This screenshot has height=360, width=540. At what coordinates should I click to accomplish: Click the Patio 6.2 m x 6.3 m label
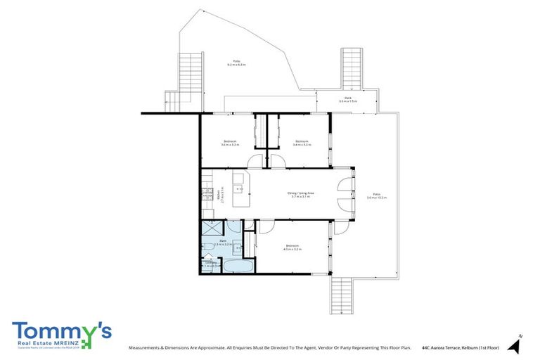pyautogui.click(x=236, y=63)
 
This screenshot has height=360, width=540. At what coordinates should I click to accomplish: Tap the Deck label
pyautogui.click(x=347, y=100)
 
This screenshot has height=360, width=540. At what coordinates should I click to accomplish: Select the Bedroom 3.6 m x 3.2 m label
pyautogui.click(x=231, y=143)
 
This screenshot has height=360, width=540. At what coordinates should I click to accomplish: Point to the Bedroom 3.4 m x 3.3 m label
pyautogui.click(x=302, y=143)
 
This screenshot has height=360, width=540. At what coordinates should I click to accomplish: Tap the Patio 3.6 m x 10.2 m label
pyautogui.click(x=377, y=196)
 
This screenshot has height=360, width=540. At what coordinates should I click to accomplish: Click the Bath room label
pyautogui.click(x=222, y=243)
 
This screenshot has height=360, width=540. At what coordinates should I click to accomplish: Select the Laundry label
pyautogui.click(x=210, y=264)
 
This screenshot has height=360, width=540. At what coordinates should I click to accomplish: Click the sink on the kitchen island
pyautogui.click(x=240, y=189)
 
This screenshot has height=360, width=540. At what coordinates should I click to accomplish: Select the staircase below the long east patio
pyautogui.click(x=341, y=295)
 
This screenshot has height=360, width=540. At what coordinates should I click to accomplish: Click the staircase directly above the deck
pyautogui.click(x=352, y=67)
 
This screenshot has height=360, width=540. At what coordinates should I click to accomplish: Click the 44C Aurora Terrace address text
pyautogui.click(x=460, y=347)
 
